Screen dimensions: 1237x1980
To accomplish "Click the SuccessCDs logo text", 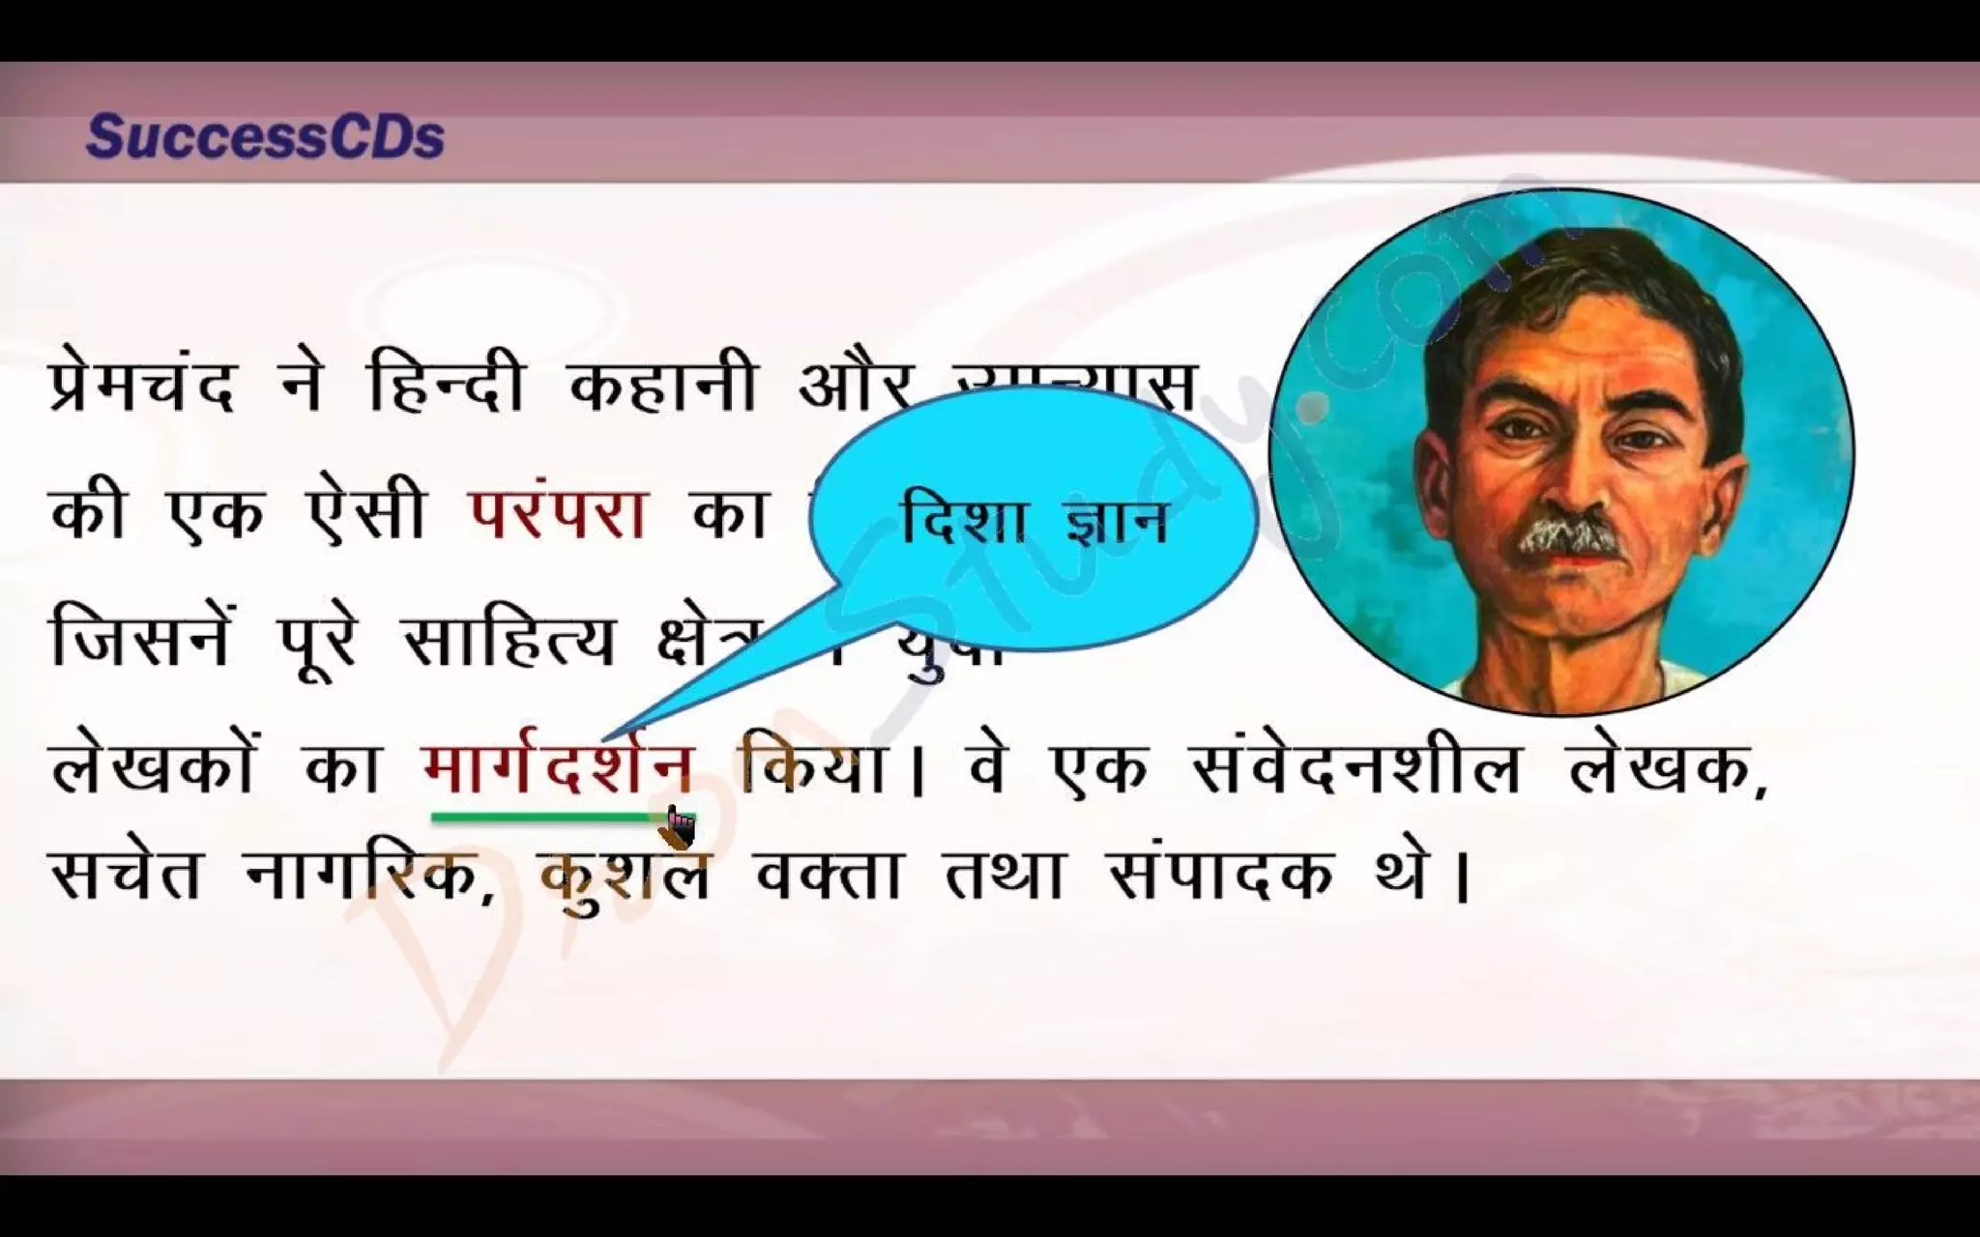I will pos(265,137).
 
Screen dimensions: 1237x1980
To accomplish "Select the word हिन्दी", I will pos(446,387).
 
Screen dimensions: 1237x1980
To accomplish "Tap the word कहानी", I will pos(662,387).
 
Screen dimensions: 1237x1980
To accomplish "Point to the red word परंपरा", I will pos(558,512).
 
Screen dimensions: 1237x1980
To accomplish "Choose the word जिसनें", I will pos(140,638).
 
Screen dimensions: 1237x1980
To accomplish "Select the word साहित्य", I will pos(509,638).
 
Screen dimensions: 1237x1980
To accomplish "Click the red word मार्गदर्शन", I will pos(558,768).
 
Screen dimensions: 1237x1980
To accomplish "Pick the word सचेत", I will pos(126,875).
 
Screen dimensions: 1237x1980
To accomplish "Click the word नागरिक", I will pos(369,875).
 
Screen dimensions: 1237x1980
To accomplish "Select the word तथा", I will pos(1003,875).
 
